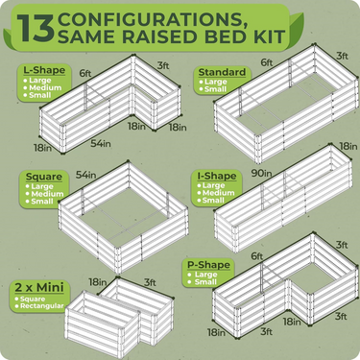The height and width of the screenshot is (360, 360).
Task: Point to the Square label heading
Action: tap(39, 178)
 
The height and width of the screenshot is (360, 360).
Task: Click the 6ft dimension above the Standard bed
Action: tap(264, 61)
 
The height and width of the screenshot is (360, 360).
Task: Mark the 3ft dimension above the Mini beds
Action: tap(148, 282)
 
